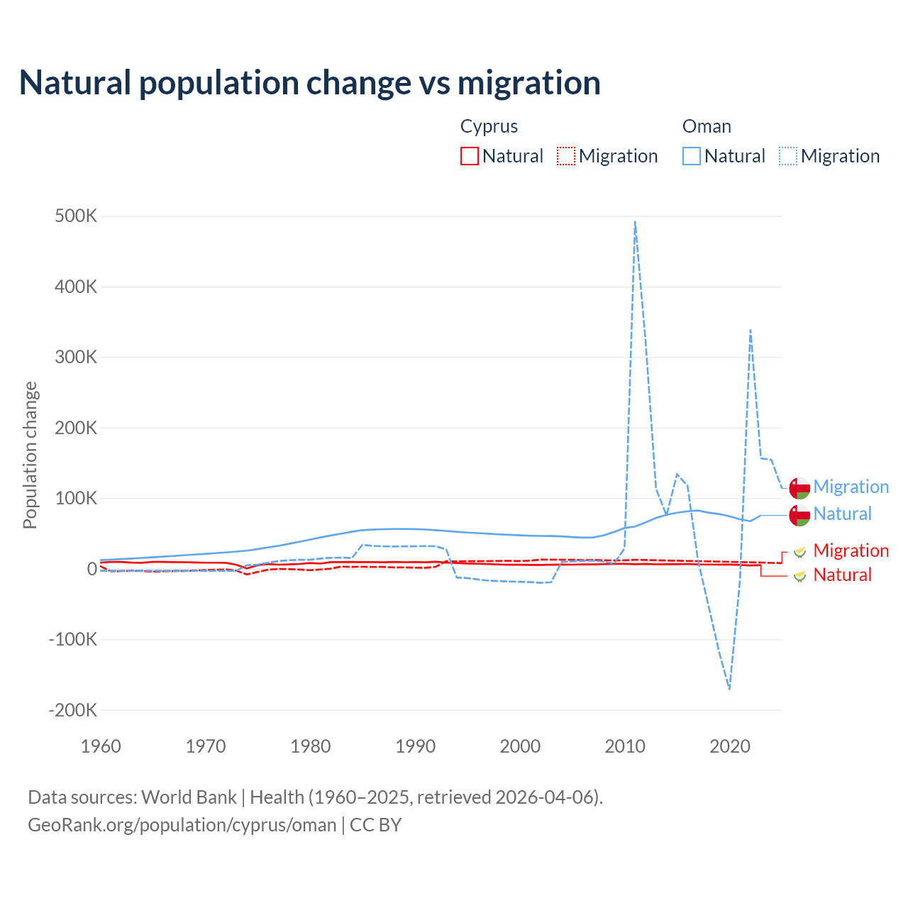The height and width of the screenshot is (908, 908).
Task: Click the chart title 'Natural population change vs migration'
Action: tap(310, 82)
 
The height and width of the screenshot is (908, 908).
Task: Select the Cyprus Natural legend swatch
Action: tap(470, 156)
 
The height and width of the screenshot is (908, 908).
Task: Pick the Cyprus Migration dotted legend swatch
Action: tap(566, 156)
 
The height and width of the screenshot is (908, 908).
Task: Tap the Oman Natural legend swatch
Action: tap(692, 156)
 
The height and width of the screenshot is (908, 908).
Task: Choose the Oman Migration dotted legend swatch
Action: tap(788, 156)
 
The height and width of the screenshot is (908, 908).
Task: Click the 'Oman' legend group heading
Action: tap(707, 126)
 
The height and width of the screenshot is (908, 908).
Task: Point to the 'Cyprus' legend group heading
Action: tap(489, 126)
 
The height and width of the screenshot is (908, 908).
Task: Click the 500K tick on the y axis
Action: tap(76, 216)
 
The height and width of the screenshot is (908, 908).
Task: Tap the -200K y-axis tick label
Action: tap(73, 710)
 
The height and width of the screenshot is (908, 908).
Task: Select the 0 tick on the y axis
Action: tap(92, 569)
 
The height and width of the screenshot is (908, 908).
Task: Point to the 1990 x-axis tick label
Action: tap(415, 746)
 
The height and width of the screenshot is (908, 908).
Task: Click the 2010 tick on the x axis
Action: tap(625, 746)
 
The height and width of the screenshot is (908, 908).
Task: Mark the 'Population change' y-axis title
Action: tap(30, 455)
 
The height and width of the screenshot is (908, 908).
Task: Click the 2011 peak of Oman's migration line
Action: tap(635, 222)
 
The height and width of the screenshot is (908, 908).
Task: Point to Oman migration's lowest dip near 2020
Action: tap(729, 688)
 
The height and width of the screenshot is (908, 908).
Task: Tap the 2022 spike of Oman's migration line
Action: tap(750, 330)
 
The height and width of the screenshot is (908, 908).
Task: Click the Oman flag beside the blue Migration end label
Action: tap(799, 488)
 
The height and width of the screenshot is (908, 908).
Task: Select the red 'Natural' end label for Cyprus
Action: tap(842, 575)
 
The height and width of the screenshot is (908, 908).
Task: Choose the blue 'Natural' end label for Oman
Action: tap(842, 514)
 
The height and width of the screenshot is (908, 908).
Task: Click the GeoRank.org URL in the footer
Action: tap(182, 825)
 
